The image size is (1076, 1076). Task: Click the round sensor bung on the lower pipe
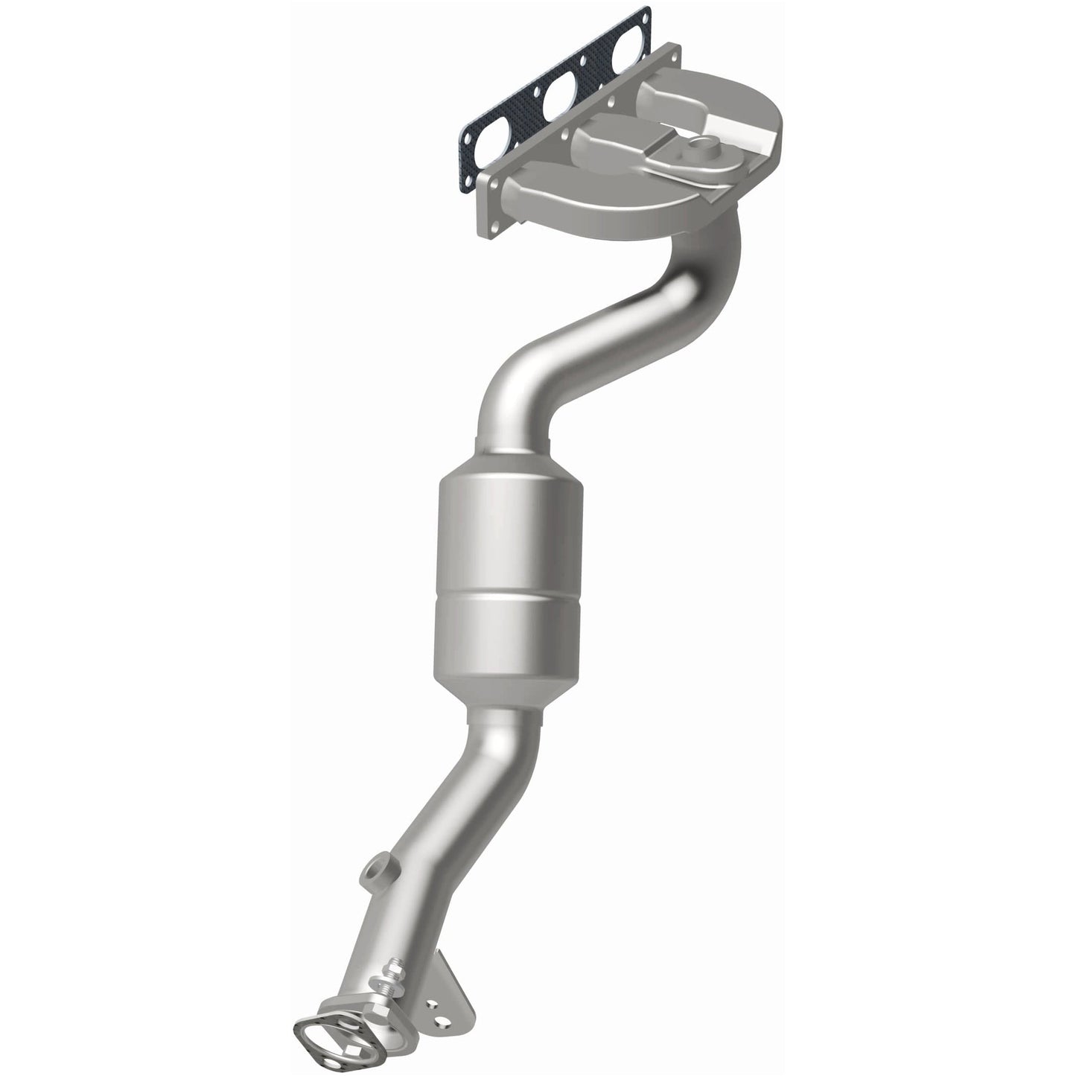click(373, 869)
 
